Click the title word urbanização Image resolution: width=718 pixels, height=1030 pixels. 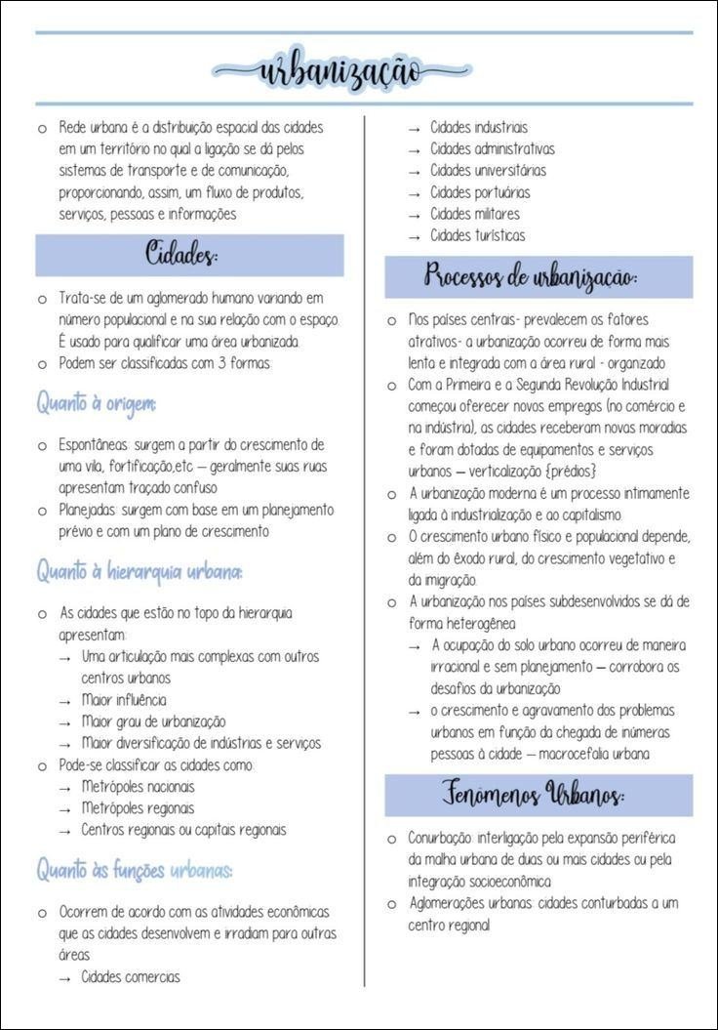click(341, 70)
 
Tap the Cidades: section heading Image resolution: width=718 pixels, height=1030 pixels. click(181, 256)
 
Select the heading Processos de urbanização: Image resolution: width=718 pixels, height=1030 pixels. click(531, 277)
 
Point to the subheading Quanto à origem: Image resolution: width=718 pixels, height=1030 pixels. click(97, 402)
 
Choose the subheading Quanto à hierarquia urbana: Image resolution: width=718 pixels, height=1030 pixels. click(140, 572)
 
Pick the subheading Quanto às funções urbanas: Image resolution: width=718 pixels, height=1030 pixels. click(136, 869)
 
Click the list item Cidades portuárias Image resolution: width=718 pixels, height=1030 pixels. click(480, 192)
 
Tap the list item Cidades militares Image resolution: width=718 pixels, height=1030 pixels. click(475, 214)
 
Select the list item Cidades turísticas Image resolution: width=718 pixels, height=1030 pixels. click(478, 235)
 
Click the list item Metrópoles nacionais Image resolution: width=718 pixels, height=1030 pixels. click(138, 786)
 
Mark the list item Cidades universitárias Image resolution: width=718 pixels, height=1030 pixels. click(488, 171)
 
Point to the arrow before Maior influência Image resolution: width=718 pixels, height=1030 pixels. click(64, 701)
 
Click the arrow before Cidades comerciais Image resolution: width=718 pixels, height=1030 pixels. click(64, 977)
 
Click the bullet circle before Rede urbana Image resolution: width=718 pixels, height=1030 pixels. click(42, 128)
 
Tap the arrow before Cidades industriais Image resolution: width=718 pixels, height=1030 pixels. click(414, 128)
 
